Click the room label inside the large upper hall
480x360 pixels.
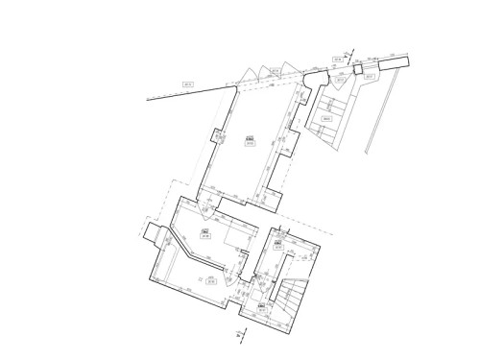[x=249, y=141]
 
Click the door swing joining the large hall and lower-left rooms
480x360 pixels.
[x=207, y=204]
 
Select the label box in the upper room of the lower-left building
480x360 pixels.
[x=204, y=233]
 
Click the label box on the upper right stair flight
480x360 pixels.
[x=326, y=119]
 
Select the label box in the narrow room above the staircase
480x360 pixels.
[x=277, y=244]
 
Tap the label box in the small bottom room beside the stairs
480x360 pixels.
[x=262, y=306]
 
